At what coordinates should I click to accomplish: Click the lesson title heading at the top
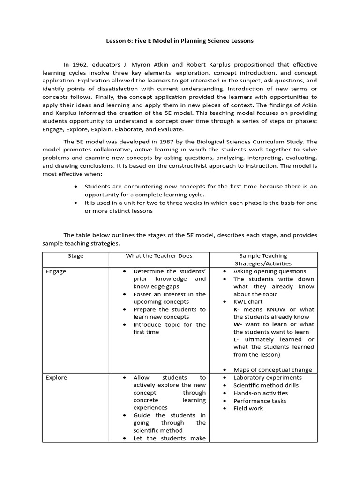[x=180, y=41]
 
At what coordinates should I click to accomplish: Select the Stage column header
[x=75, y=256]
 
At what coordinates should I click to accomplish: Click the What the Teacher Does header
[x=159, y=256]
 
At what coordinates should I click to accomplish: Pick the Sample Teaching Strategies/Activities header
[x=263, y=260]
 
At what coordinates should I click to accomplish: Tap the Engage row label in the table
[x=56, y=271]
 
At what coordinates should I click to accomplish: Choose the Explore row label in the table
[x=56, y=378]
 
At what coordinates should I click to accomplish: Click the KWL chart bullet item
[x=248, y=302]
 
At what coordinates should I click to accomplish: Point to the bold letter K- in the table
[x=236, y=309]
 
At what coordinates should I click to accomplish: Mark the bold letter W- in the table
[x=237, y=324]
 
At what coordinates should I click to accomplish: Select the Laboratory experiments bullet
[x=267, y=378]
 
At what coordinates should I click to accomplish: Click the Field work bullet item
[x=248, y=408]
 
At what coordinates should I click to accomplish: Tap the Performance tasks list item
[x=259, y=401]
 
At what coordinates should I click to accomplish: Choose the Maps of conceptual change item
[x=272, y=370]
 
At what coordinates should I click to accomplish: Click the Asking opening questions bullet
[x=270, y=271]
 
